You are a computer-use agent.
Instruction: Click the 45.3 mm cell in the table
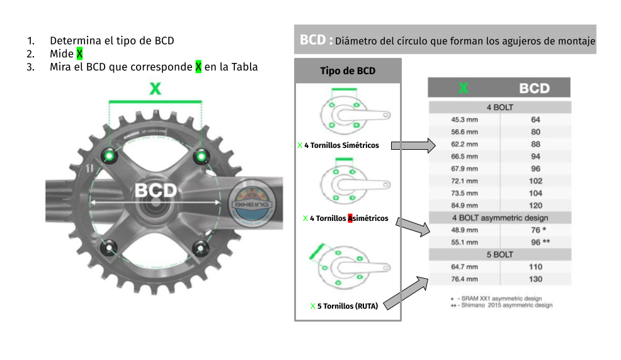tap(464, 120)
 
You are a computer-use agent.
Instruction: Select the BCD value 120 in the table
tap(535, 205)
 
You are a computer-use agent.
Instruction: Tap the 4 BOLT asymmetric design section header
tap(499, 218)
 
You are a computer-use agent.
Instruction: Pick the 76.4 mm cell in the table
tap(464, 279)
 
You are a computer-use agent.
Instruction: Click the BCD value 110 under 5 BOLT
tap(535, 267)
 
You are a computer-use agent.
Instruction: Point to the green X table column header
tap(464, 88)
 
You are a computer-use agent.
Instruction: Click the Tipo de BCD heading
tap(348, 70)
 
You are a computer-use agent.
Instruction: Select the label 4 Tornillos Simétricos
tap(341, 145)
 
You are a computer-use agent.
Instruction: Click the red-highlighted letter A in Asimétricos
tap(350, 218)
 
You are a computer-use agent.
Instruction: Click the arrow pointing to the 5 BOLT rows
tap(402, 292)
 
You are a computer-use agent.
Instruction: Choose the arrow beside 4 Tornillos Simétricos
tap(413, 146)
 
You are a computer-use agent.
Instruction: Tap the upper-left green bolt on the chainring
tap(110, 155)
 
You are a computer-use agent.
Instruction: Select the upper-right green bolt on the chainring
tap(202, 155)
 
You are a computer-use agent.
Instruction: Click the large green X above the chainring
tap(155, 89)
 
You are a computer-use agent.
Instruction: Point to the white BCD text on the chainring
tap(156, 190)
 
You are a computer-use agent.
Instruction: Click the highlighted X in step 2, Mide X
tap(79, 54)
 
